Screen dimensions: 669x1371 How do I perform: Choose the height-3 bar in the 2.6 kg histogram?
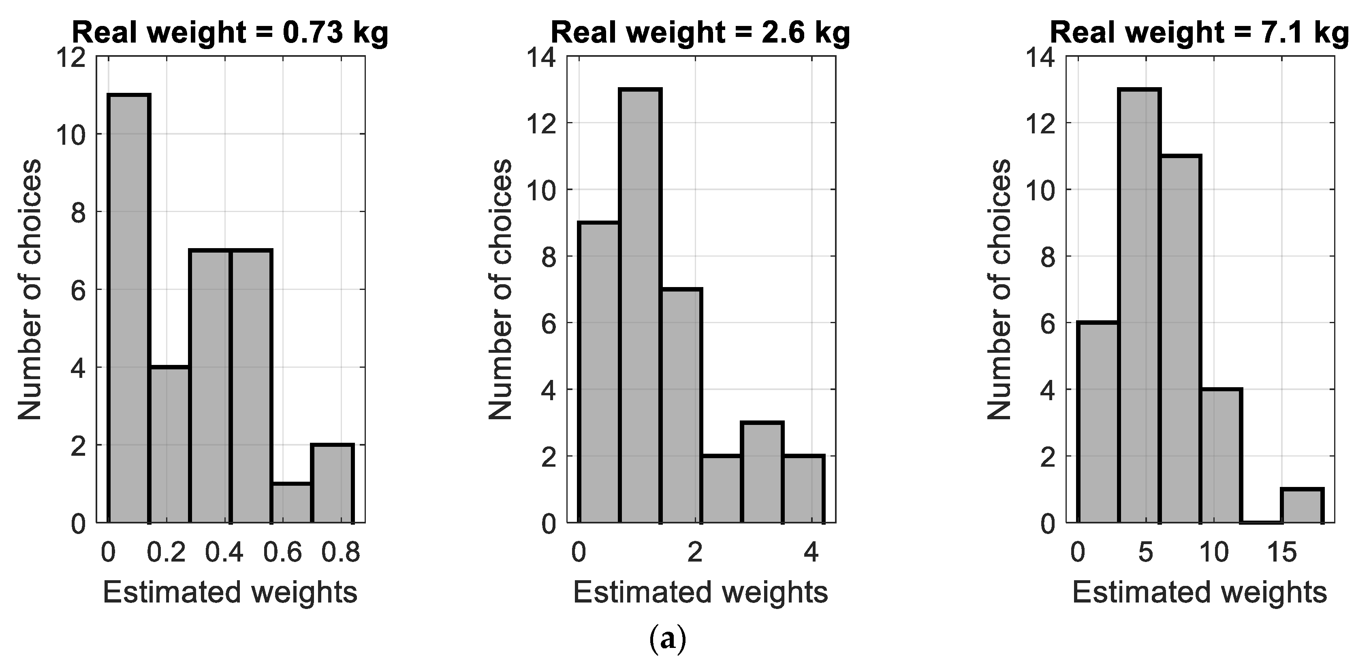coord(762,472)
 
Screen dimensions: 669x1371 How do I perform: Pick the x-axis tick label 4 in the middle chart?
coord(811,552)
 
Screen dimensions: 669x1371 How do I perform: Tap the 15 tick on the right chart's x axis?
coord(1281,552)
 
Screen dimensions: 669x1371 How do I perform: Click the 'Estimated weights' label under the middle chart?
coord(700,592)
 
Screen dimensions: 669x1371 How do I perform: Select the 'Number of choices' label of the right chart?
coord(999,290)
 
